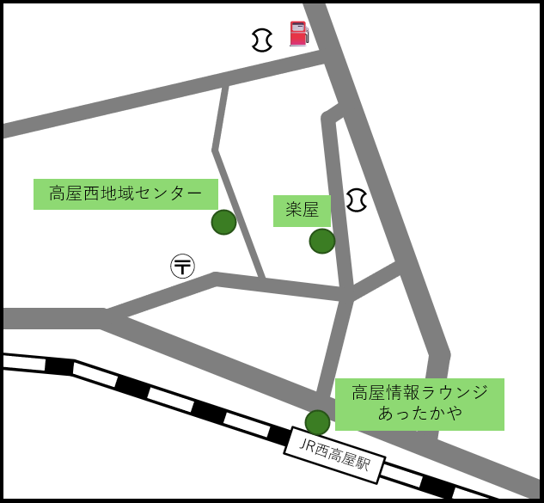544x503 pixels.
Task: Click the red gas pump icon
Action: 298,34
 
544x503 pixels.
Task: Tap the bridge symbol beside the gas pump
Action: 262,40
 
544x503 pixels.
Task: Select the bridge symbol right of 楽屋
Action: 357,200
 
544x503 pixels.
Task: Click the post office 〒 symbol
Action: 183,266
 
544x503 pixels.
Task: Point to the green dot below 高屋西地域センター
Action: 223,222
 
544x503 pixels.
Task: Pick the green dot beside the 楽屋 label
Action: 321,242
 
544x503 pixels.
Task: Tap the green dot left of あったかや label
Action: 317,422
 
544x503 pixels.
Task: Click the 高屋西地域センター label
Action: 125,193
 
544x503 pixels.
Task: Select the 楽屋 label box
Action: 302,211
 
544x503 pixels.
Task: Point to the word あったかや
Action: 420,414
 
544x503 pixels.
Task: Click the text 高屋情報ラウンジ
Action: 420,393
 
